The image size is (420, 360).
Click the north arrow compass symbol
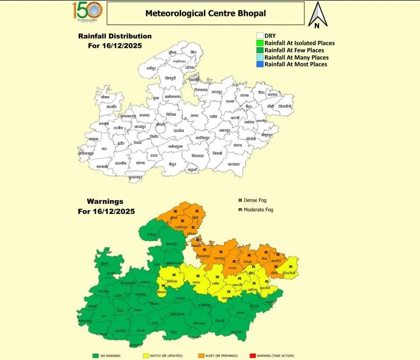click(317, 15)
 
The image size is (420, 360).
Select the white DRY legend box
click(260, 36)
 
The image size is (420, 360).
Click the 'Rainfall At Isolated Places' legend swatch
click(260, 43)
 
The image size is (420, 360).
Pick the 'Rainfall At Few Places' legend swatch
click(260, 50)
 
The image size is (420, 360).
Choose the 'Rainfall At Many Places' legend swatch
click(260, 57)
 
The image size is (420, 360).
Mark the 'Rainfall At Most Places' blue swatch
click(260, 64)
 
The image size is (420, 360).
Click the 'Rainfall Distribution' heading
click(115, 36)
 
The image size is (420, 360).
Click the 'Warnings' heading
click(106, 202)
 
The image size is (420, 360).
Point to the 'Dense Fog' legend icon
click(239, 200)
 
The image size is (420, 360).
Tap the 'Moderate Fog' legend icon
click(239, 210)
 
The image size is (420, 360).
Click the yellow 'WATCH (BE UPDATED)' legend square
click(145, 356)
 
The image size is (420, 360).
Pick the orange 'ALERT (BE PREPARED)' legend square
click(201, 356)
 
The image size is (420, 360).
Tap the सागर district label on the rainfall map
click(194, 116)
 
